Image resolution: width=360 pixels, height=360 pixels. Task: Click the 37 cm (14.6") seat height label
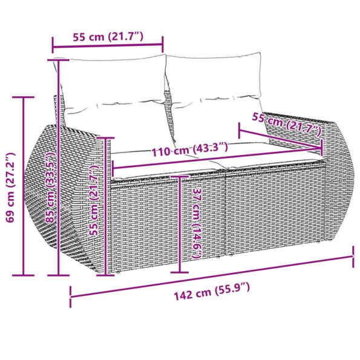[195, 224]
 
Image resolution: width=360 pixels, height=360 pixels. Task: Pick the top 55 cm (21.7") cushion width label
[108, 36]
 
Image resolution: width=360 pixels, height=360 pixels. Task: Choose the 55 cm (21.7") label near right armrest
[286, 124]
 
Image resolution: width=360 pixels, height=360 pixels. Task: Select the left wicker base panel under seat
[145, 224]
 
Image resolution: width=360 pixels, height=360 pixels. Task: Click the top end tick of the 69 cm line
[24, 97]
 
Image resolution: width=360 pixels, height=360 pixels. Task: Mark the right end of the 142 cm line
[353, 257]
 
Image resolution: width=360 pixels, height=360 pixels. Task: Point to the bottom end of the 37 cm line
[180, 272]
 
